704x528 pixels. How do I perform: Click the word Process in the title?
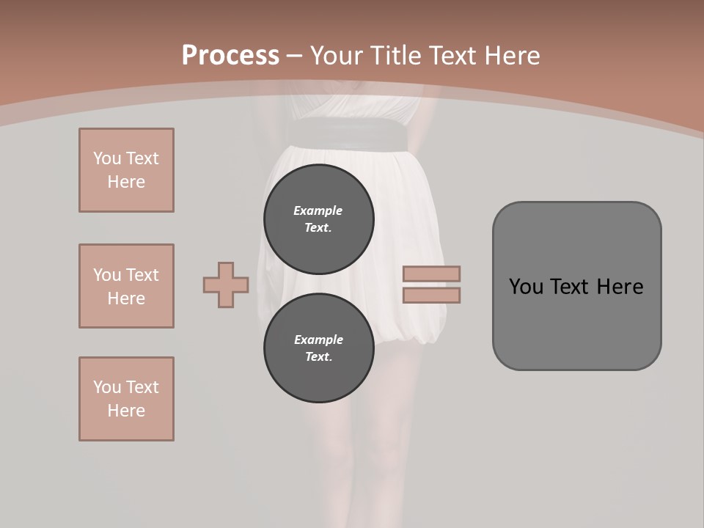tap(230, 56)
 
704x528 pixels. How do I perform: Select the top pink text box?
tap(126, 170)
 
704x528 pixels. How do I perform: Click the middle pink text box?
tap(126, 286)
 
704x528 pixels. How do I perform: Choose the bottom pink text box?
tap(126, 399)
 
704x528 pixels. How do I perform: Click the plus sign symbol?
tap(226, 285)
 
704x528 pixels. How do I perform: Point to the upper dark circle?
tap(318, 219)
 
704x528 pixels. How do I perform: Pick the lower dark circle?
tap(318, 348)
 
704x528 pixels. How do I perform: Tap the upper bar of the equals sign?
tap(431, 274)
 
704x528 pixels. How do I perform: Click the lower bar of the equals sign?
tap(431, 295)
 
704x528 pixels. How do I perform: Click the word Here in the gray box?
tap(620, 287)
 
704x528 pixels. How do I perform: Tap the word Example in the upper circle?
tap(318, 210)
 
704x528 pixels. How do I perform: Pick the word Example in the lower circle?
tap(318, 340)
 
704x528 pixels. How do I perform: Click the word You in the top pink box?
tap(107, 158)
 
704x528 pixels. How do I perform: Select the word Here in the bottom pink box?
tap(126, 411)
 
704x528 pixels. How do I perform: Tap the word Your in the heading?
tap(337, 56)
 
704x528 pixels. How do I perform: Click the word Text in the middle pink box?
tap(142, 275)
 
